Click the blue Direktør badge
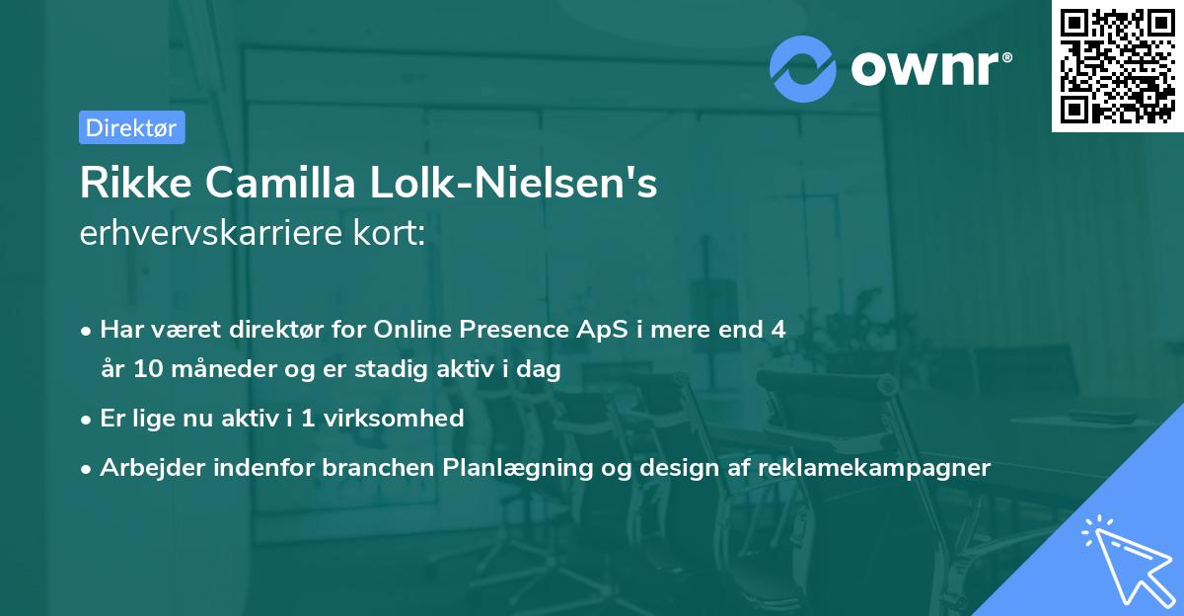click(132, 127)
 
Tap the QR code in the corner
click(1117, 66)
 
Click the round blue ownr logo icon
click(802, 69)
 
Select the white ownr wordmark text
click(931, 68)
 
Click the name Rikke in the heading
click(136, 183)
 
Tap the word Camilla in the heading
click(280, 183)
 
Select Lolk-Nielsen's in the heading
click(513, 183)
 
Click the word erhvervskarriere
click(211, 233)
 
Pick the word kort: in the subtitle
click(389, 233)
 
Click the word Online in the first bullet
click(411, 329)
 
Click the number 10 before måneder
click(148, 368)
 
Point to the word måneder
click(224, 368)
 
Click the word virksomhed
click(394, 418)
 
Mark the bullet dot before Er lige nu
click(86, 421)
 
